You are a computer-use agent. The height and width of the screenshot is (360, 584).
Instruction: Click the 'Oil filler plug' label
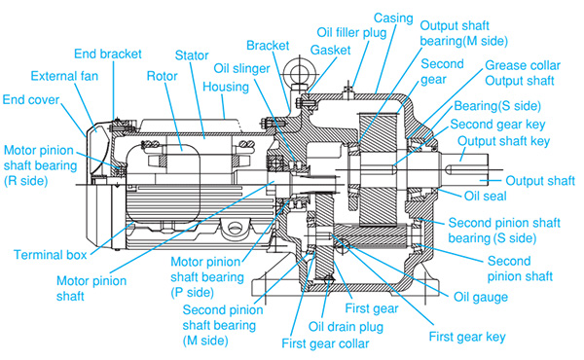(351, 33)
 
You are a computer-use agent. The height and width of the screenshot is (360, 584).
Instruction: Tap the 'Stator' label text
(192, 55)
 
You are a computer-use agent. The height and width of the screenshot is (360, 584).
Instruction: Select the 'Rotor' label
(162, 76)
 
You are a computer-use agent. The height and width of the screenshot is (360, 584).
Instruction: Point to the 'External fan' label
(64, 76)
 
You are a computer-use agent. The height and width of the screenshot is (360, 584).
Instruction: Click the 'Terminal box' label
(51, 255)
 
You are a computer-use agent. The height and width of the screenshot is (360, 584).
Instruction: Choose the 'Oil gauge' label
(481, 297)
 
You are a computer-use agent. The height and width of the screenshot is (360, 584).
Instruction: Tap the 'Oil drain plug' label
(346, 327)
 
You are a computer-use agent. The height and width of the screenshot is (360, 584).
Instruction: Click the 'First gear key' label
(467, 337)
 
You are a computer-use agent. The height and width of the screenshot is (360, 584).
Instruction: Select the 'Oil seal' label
(486, 196)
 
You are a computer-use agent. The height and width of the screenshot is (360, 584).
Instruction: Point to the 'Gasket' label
(330, 51)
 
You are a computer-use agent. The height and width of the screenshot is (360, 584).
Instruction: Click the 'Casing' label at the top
(393, 18)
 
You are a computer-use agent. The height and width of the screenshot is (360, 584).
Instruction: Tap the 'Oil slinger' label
(241, 68)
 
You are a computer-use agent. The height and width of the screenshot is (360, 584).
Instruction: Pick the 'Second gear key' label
(497, 125)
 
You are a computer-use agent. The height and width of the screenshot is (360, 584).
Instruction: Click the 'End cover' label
(31, 100)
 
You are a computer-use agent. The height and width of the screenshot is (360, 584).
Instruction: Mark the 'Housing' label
(226, 88)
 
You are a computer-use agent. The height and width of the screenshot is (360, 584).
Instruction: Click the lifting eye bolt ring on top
(299, 70)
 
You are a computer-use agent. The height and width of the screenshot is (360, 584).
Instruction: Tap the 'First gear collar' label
(325, 343)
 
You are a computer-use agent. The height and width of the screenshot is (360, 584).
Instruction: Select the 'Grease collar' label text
(523, 65)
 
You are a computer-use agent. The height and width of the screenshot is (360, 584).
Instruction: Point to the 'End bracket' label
(108, 54)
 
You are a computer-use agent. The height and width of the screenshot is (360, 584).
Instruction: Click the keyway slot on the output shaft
(468, 169)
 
